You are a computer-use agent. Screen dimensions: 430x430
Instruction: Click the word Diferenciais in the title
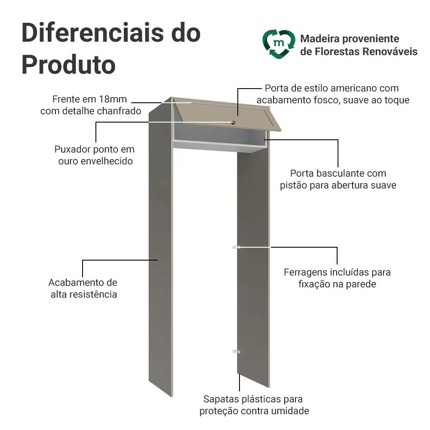pyautogui.click(x=93, y=33)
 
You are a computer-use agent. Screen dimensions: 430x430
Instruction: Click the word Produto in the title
pyautogui.click(x=68, y=65)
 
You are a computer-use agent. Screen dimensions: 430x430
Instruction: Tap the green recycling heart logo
pyautogui.click(x=279, y=44)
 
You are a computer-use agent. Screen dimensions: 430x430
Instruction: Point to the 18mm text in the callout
pyautogui.click(x=113, y=99)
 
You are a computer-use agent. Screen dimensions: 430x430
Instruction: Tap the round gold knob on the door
pyautogui.click(x=233, y=123)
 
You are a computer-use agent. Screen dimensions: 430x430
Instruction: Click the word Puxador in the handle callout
pyautogui.click(x=73, y=149)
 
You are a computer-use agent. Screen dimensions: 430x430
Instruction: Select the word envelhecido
pyautogui.click(x=109, y=161)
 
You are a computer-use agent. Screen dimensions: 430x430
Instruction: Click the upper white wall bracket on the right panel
pyautogui.click(x=236, y=247)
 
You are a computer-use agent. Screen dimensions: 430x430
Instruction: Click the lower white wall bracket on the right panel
pyautogui.click(x=236, y=352)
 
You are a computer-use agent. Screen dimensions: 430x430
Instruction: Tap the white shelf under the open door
pyautogui.click(x=219, y=145)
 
